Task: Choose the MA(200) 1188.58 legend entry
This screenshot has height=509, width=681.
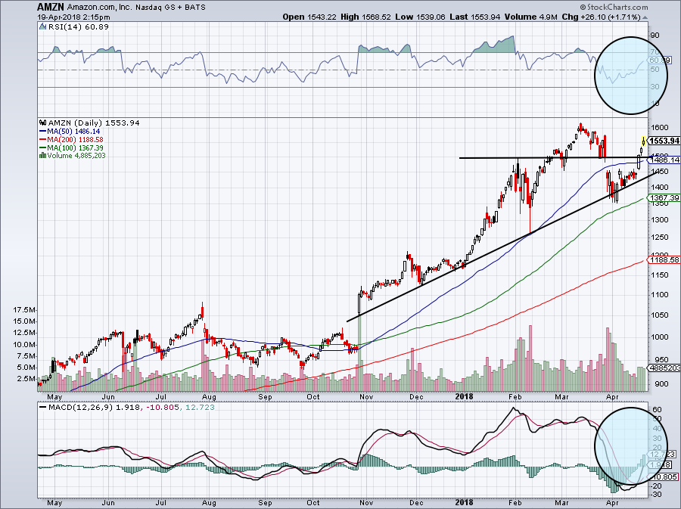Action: pyautogui.click(x=75, y=138)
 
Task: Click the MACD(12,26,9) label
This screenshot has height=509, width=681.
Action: pyautogui.click(x=71, y=408)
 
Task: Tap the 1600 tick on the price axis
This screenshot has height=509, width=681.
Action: pyautogui.click(x=658, y=127)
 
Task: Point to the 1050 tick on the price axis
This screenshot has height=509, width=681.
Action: pyautogui.click(x=658, y=294)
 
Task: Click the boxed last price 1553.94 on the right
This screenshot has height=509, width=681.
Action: pyautogui.click(x=664, y=141)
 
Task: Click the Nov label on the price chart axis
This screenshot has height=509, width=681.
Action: pyautogui.click(x=365, y=395)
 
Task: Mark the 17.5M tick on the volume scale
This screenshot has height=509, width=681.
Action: pyautogui.click(x=25, y=310)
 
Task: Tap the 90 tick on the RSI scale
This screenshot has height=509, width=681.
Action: pyautogui.click(x=655, y=35)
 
